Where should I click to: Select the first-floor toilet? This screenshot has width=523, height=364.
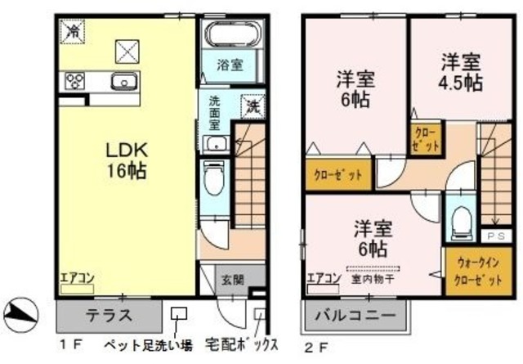click(x=214, y=179)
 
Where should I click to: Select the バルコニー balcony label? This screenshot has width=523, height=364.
click(x=358, y=314)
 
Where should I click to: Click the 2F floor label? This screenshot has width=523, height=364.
click(x=314, y=345)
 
